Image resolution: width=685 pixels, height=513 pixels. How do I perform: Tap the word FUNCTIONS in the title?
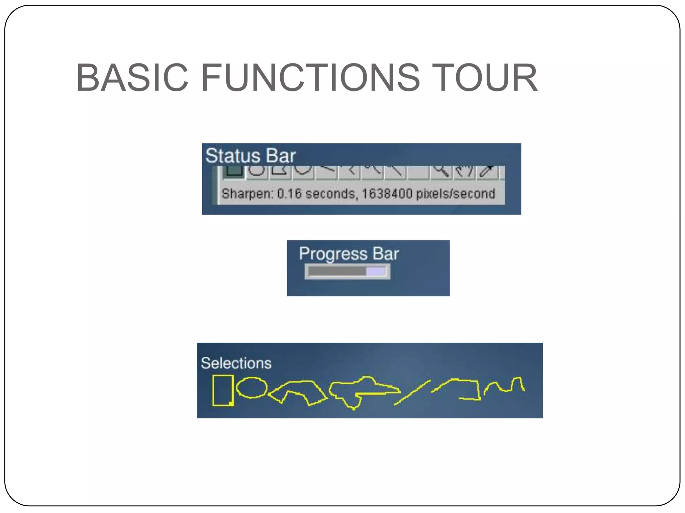pyautogui.click(x=310, y=78)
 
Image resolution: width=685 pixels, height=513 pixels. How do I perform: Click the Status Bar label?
pyautogui.click(x=250, y=156)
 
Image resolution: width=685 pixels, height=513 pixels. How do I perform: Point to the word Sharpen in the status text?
pyautogui.click(x=248, y=194)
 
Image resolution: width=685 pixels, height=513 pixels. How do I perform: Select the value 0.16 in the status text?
pyautogui.click(x=289, y=194)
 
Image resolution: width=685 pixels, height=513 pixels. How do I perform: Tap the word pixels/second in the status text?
pyautogui.click(x=456, y=194)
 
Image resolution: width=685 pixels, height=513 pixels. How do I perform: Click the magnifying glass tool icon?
pyautogui.click(x=441, y=171)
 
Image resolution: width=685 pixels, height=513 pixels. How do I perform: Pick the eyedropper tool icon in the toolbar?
pyautogui.click(x=487, y=171)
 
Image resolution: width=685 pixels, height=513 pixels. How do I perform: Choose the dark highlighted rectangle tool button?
pyautogui.click(x=234, y=171)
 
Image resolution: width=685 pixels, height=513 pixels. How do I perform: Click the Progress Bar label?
pyautogui.click(x=349, y=254)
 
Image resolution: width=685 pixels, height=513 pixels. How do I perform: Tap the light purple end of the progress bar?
pyautogui.click(x=376, y=271)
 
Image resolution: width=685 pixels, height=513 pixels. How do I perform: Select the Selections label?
pyautogui.click(x=236, y=363)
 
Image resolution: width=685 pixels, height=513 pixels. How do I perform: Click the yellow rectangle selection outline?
pyautogui.click(x=223, y=390)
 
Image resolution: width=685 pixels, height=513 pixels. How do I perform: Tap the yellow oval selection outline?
pyautogui.click(x=252, y=388)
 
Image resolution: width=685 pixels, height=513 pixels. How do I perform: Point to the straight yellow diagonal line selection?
pyautogui.click(x=412, y=393)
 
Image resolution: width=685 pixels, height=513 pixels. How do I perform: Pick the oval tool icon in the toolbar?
pyautogui.click(x=257, y=170)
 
